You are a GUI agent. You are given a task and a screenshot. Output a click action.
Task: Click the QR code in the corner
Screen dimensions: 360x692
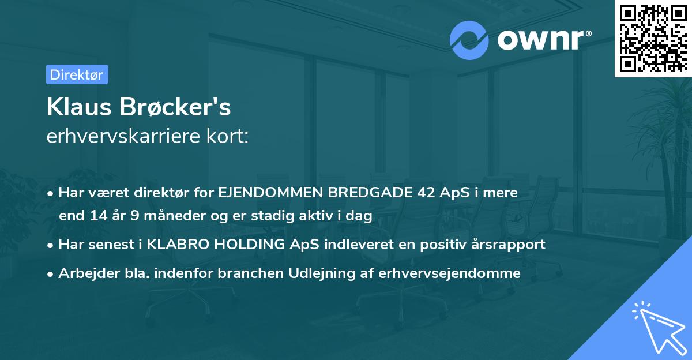coord(653,39)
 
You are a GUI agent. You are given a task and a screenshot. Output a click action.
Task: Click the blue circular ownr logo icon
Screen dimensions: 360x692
coord(469,39)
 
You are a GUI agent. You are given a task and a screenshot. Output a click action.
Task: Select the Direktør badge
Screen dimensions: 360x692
coord(77,74)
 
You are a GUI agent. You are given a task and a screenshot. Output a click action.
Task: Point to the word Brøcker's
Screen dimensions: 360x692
coord(179,107)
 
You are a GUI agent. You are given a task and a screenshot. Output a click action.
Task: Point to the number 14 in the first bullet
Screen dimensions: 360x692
coord(96,216)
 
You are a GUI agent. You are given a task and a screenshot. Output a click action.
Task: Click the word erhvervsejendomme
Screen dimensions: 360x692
coord(450,273)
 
